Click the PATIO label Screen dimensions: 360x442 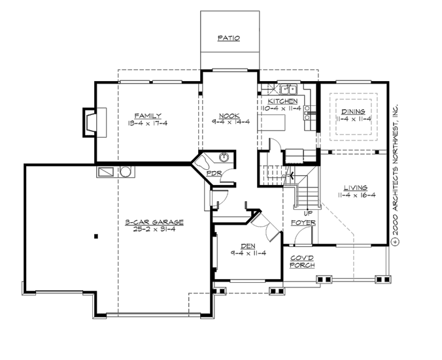point(229,39)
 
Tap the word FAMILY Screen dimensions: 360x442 point(148,116)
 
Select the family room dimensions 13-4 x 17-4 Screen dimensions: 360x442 point(148,123)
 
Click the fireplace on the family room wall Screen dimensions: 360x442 point(88,122)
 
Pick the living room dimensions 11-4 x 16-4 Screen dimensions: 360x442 point(356,195)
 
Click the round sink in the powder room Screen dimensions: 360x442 point(224,157)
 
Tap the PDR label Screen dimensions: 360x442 point(212,174)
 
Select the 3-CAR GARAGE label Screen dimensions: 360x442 point(154,222)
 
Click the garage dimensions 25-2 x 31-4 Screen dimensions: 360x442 point(154,229)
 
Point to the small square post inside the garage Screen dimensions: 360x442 point(96,236)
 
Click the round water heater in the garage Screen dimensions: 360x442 point(126,172)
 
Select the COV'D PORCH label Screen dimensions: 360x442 point(303,261)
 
